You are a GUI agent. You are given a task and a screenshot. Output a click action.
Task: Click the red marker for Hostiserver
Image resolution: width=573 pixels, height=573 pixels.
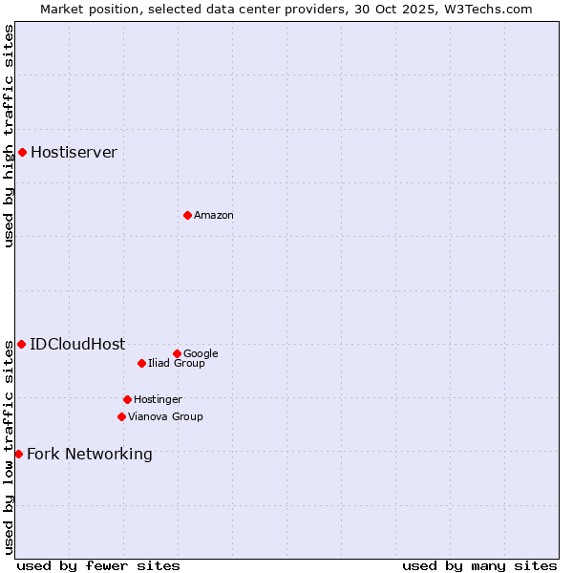click(22, 152)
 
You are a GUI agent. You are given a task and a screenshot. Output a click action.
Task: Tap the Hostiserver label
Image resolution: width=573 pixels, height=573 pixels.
click(74, 152)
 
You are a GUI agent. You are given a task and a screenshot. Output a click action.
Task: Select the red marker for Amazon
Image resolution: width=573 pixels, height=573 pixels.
click(187, 215)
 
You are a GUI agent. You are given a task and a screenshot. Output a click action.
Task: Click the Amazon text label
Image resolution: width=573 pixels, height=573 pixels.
click(213, 215)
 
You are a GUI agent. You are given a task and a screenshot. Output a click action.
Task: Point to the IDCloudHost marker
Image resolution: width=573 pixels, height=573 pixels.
click(21, 344)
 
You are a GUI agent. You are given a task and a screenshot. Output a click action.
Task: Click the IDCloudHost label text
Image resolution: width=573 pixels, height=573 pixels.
click(77, 344)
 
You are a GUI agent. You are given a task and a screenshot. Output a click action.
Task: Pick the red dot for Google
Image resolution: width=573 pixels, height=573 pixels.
click(177, 353)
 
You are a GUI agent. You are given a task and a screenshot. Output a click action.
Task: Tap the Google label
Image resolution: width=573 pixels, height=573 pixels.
click(201, 353)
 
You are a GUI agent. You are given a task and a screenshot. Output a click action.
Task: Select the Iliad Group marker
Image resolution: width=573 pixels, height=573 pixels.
click(141, 363)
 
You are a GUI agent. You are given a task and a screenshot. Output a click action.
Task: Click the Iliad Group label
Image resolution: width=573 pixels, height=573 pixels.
click(176, 363)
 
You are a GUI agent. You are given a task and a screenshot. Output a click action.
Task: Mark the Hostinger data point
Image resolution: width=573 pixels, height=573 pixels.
click(127, 399)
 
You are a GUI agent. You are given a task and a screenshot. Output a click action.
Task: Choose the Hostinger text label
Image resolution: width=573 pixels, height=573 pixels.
click(158, 399)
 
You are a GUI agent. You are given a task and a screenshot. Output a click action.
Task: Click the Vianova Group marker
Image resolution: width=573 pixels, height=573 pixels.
click(121, 416)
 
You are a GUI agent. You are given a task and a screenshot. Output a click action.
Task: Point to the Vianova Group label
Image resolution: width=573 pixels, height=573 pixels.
click(165, 416)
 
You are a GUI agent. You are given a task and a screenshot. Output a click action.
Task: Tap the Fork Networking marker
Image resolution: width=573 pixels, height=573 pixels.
click(18, 454)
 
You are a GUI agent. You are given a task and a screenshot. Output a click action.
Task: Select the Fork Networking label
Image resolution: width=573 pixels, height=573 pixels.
click(89, 454)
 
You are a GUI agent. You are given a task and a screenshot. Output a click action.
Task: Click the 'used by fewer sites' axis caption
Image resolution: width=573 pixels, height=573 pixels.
click(98, 565)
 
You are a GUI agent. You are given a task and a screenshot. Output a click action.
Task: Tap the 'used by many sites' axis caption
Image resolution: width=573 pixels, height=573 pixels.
click(479, 565)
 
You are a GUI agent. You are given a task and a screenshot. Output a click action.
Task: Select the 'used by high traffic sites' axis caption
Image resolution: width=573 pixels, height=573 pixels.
click(9, 136)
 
